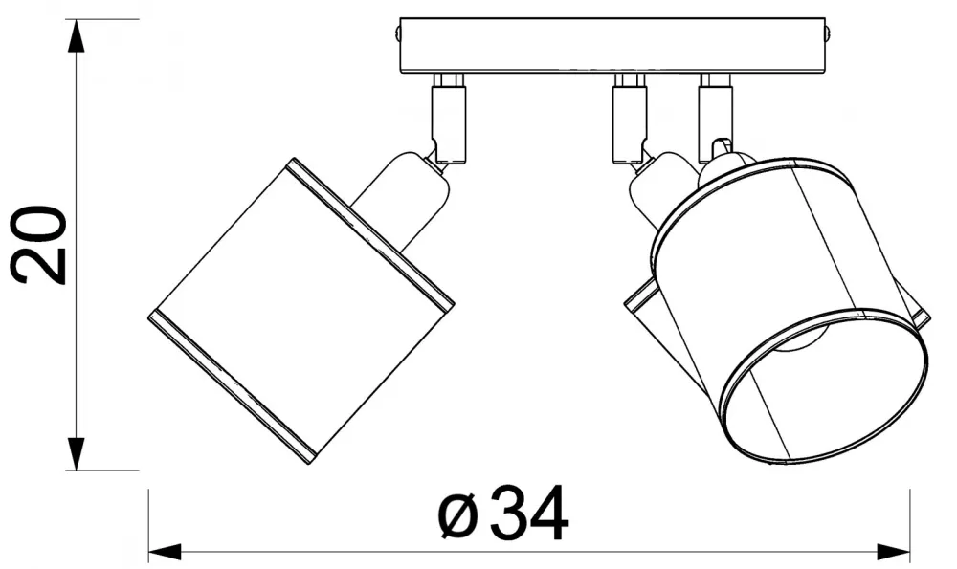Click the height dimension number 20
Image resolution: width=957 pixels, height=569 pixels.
tap(38, 245)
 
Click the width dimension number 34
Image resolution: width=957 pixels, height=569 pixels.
tap(529, 513)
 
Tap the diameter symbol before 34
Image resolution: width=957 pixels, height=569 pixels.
tap(457, 516)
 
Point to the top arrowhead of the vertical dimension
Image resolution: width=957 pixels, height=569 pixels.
tap(75, 36)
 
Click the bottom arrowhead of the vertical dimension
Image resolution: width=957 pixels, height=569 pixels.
tap(75, 453)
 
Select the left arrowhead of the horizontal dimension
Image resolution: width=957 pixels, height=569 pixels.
tap(166, 553)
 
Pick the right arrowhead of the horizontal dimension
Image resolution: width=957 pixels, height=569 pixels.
tap(893, 553)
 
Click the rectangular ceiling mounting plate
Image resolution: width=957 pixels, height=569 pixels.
tap(612, 46)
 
